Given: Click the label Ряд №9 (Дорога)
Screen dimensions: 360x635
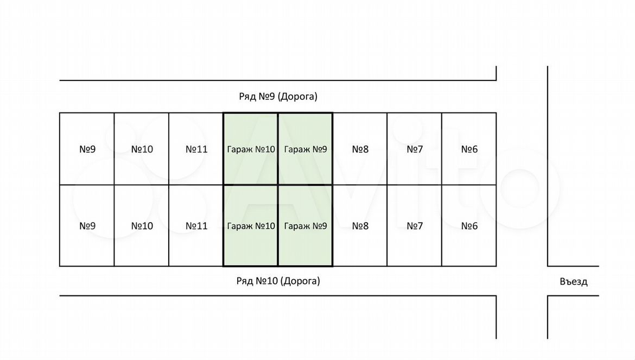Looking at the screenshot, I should [x=278, y=97].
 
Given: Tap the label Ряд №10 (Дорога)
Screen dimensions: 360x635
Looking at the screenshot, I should [x=278, y=281].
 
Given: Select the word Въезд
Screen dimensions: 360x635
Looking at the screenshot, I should [x=573, y=282].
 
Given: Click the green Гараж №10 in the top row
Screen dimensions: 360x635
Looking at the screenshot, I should [x=251, y=149].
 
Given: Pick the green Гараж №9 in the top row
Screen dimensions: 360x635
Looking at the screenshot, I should [x=306, y=149].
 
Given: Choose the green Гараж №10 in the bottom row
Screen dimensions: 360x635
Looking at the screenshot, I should [x=251, y=226].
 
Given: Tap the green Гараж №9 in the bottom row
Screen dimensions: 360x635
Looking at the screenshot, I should [x=306, y=226].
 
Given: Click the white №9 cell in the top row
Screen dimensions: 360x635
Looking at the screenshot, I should [x=87, y=149].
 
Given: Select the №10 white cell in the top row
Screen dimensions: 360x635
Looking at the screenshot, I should [x=142, y=149].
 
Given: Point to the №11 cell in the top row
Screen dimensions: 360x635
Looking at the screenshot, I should [x=196, y=149].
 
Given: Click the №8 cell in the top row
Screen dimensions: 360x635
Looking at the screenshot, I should [x=360, y=149].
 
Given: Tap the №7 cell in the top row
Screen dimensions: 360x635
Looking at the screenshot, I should [x=415, y=149].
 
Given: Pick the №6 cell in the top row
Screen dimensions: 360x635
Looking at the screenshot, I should [x=469, y=149].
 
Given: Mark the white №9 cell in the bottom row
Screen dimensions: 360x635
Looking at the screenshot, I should [x=87, y=226].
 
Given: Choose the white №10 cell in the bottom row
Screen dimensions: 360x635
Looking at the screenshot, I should [x=142, y=226].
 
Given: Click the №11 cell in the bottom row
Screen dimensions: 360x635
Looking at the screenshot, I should [x=196, y=226].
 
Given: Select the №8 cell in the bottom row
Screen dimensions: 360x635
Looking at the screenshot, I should [x=360, y=226].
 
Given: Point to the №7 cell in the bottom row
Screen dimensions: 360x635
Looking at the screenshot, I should [x=415, y=226].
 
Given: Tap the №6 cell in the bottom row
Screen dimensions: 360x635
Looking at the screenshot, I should [x=469, y=226].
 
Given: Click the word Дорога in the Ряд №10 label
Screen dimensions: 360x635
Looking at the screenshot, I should [x=300, y=281].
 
